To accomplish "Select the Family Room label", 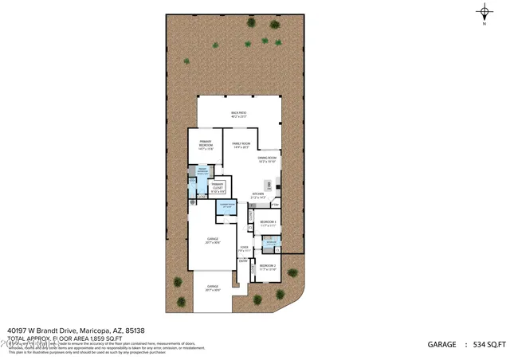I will (241, 145).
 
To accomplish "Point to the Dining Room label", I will (267, 159).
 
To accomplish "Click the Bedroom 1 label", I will (268, 224).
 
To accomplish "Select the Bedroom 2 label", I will (268, 267).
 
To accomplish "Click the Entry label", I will (244, 260).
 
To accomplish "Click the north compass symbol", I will (485, 11).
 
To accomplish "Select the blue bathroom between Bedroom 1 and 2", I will (271, 245).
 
